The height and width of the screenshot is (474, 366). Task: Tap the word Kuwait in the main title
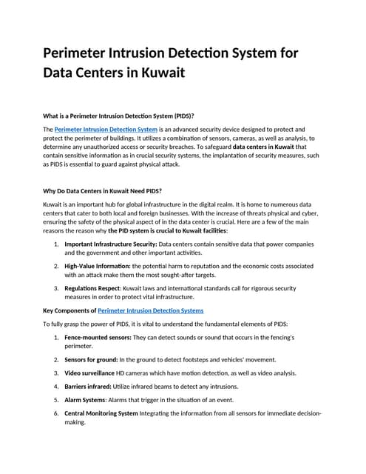(x=158, y=74)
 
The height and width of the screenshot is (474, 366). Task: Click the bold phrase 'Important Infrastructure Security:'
(x=111, y=244)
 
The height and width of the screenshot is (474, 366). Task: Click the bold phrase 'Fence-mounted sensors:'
(x=98, y=337)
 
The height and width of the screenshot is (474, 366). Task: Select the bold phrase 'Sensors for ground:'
(x=92, y=359)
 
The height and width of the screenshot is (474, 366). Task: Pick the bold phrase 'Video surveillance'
(x=92, y=373)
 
